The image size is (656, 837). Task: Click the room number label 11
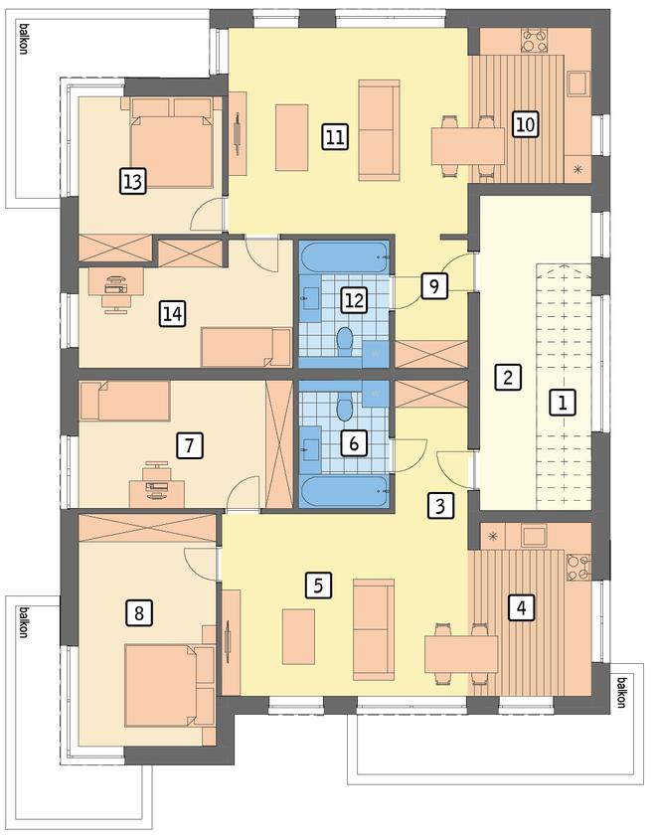tap(335, 136)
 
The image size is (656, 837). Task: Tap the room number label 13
tap(132, 181)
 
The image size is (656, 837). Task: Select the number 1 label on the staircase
tap(563, 402)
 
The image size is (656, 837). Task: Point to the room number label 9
tap(434, 285)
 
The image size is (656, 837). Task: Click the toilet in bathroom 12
tap(345, 341)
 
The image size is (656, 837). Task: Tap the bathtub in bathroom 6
tap(344, 491)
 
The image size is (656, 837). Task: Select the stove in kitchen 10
tap(535, 41)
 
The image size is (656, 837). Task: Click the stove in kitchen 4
tap(578, 567)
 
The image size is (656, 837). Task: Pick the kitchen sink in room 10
tap(577, 84)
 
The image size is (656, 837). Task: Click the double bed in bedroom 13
tap(171, 142)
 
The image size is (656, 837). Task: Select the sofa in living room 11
tap(379, 130)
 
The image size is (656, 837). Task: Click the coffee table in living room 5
tap(298, 636)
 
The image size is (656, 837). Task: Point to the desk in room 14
tap(116, 281)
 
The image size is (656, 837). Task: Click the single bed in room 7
tap(125, 401)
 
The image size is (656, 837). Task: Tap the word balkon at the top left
tap(24, 38)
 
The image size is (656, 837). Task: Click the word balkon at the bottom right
tap(621, 692)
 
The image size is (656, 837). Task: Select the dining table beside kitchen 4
tap(461, 654)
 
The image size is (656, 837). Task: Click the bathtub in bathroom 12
tap(344, 257)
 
